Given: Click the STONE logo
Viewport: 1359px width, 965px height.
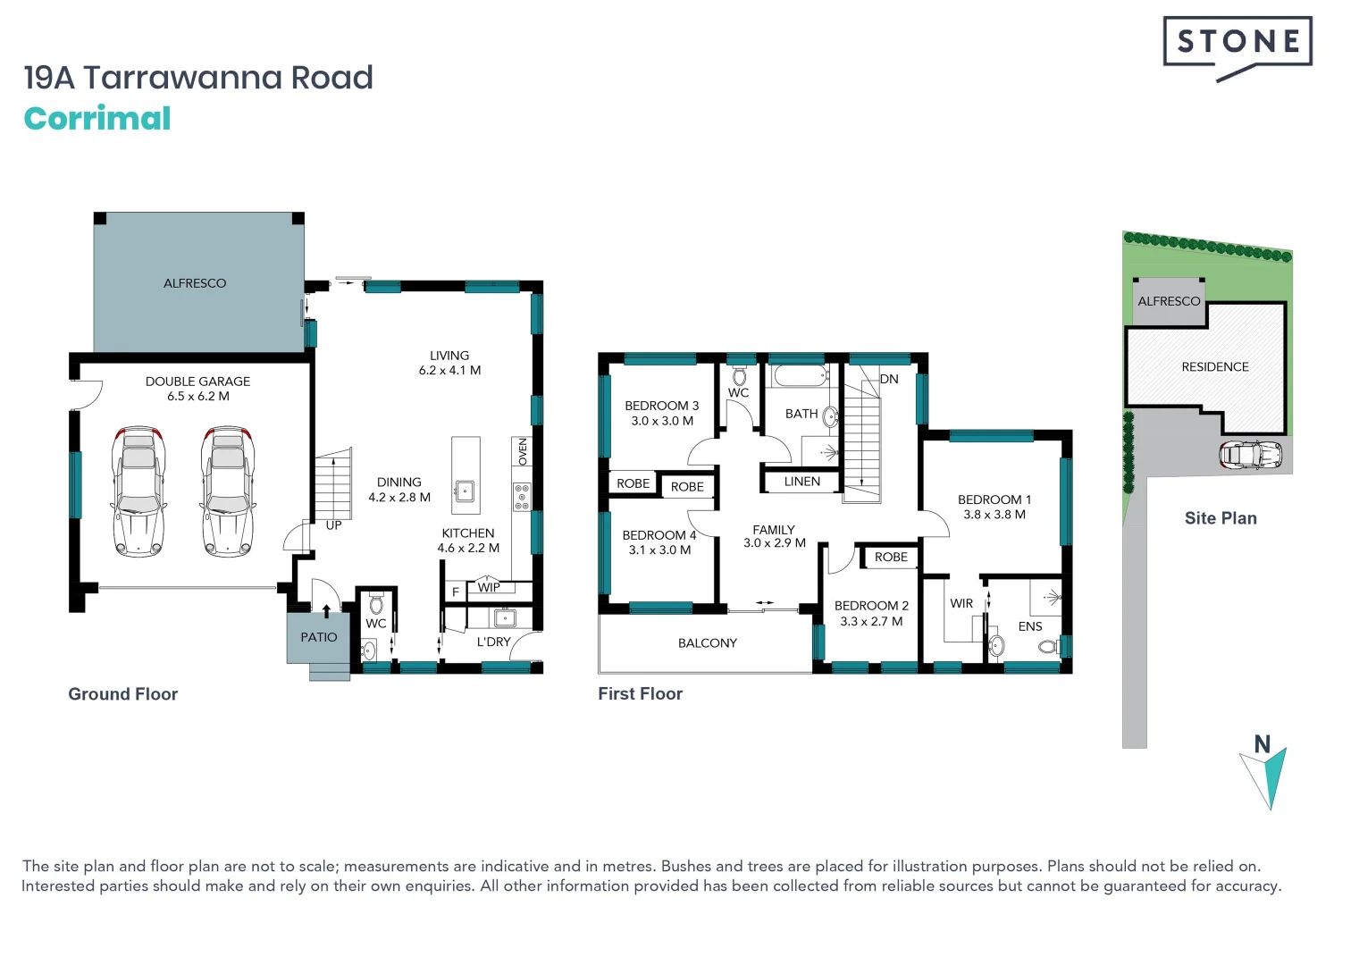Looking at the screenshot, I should pos(1237,42).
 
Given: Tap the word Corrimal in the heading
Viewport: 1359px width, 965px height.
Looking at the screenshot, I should pos(97,119).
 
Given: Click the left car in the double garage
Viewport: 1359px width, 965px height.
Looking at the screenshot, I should pos(138,491).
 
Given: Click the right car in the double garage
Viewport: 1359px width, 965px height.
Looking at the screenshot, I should pos(227,491).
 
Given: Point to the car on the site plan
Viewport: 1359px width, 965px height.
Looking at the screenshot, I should pos(1250,455).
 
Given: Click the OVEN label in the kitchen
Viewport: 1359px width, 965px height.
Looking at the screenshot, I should pos(523,451).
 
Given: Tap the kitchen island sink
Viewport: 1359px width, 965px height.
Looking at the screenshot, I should pos(465,490).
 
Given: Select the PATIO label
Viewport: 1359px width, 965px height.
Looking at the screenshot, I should pos(319,637).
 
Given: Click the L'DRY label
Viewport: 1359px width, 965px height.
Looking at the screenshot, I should pos(493,642).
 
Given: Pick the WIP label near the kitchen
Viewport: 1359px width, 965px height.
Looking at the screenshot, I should pos(489,587).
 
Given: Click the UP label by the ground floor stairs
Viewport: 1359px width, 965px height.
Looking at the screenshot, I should pos(333,525).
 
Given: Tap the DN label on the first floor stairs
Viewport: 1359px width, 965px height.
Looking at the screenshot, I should pos(889,379).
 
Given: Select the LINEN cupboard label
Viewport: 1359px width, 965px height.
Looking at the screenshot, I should pos(801,482).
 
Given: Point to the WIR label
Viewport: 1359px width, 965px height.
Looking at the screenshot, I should pos(961,603).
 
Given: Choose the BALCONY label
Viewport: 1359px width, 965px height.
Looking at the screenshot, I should pos(707,642).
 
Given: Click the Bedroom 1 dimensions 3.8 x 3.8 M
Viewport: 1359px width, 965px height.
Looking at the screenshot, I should pos(994,515).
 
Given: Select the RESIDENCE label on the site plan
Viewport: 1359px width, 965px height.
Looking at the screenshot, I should pos(1214,366).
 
